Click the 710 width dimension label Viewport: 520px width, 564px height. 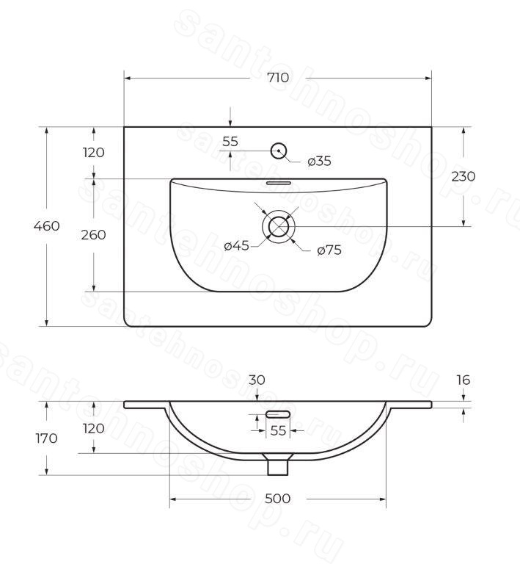(278, 77)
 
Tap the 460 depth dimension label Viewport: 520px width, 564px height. (46, 226)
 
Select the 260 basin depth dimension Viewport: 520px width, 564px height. (93, 235)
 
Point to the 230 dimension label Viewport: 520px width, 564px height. (463, 176)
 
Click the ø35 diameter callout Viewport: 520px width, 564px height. (319, 161)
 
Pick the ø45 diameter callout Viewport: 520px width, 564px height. (236, 246)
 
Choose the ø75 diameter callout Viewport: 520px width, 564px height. (329, 250)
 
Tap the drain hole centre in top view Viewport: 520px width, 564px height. (279, 227)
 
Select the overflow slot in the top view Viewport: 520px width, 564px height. (278, 183)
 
